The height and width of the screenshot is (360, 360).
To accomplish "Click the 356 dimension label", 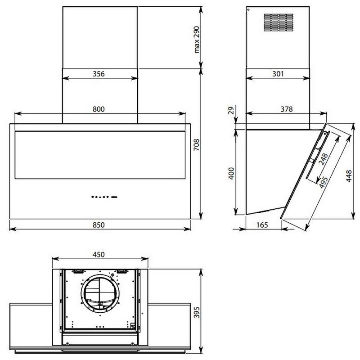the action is [99, 74].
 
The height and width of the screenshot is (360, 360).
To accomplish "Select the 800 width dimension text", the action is [99, 109].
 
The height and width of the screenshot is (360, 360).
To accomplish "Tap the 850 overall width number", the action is [99, 225].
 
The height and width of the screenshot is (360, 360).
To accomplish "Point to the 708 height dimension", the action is [197, 144].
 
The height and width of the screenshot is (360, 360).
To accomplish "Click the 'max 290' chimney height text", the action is [197, 40].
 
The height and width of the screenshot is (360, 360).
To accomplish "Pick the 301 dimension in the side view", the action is [278, 74].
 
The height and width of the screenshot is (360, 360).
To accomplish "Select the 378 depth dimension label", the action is [287, 109].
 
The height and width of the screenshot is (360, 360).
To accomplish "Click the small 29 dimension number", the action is [231, 110].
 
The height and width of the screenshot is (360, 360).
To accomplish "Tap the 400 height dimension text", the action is [231, 173].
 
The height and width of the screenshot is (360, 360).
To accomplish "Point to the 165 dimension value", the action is [262, 225].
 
